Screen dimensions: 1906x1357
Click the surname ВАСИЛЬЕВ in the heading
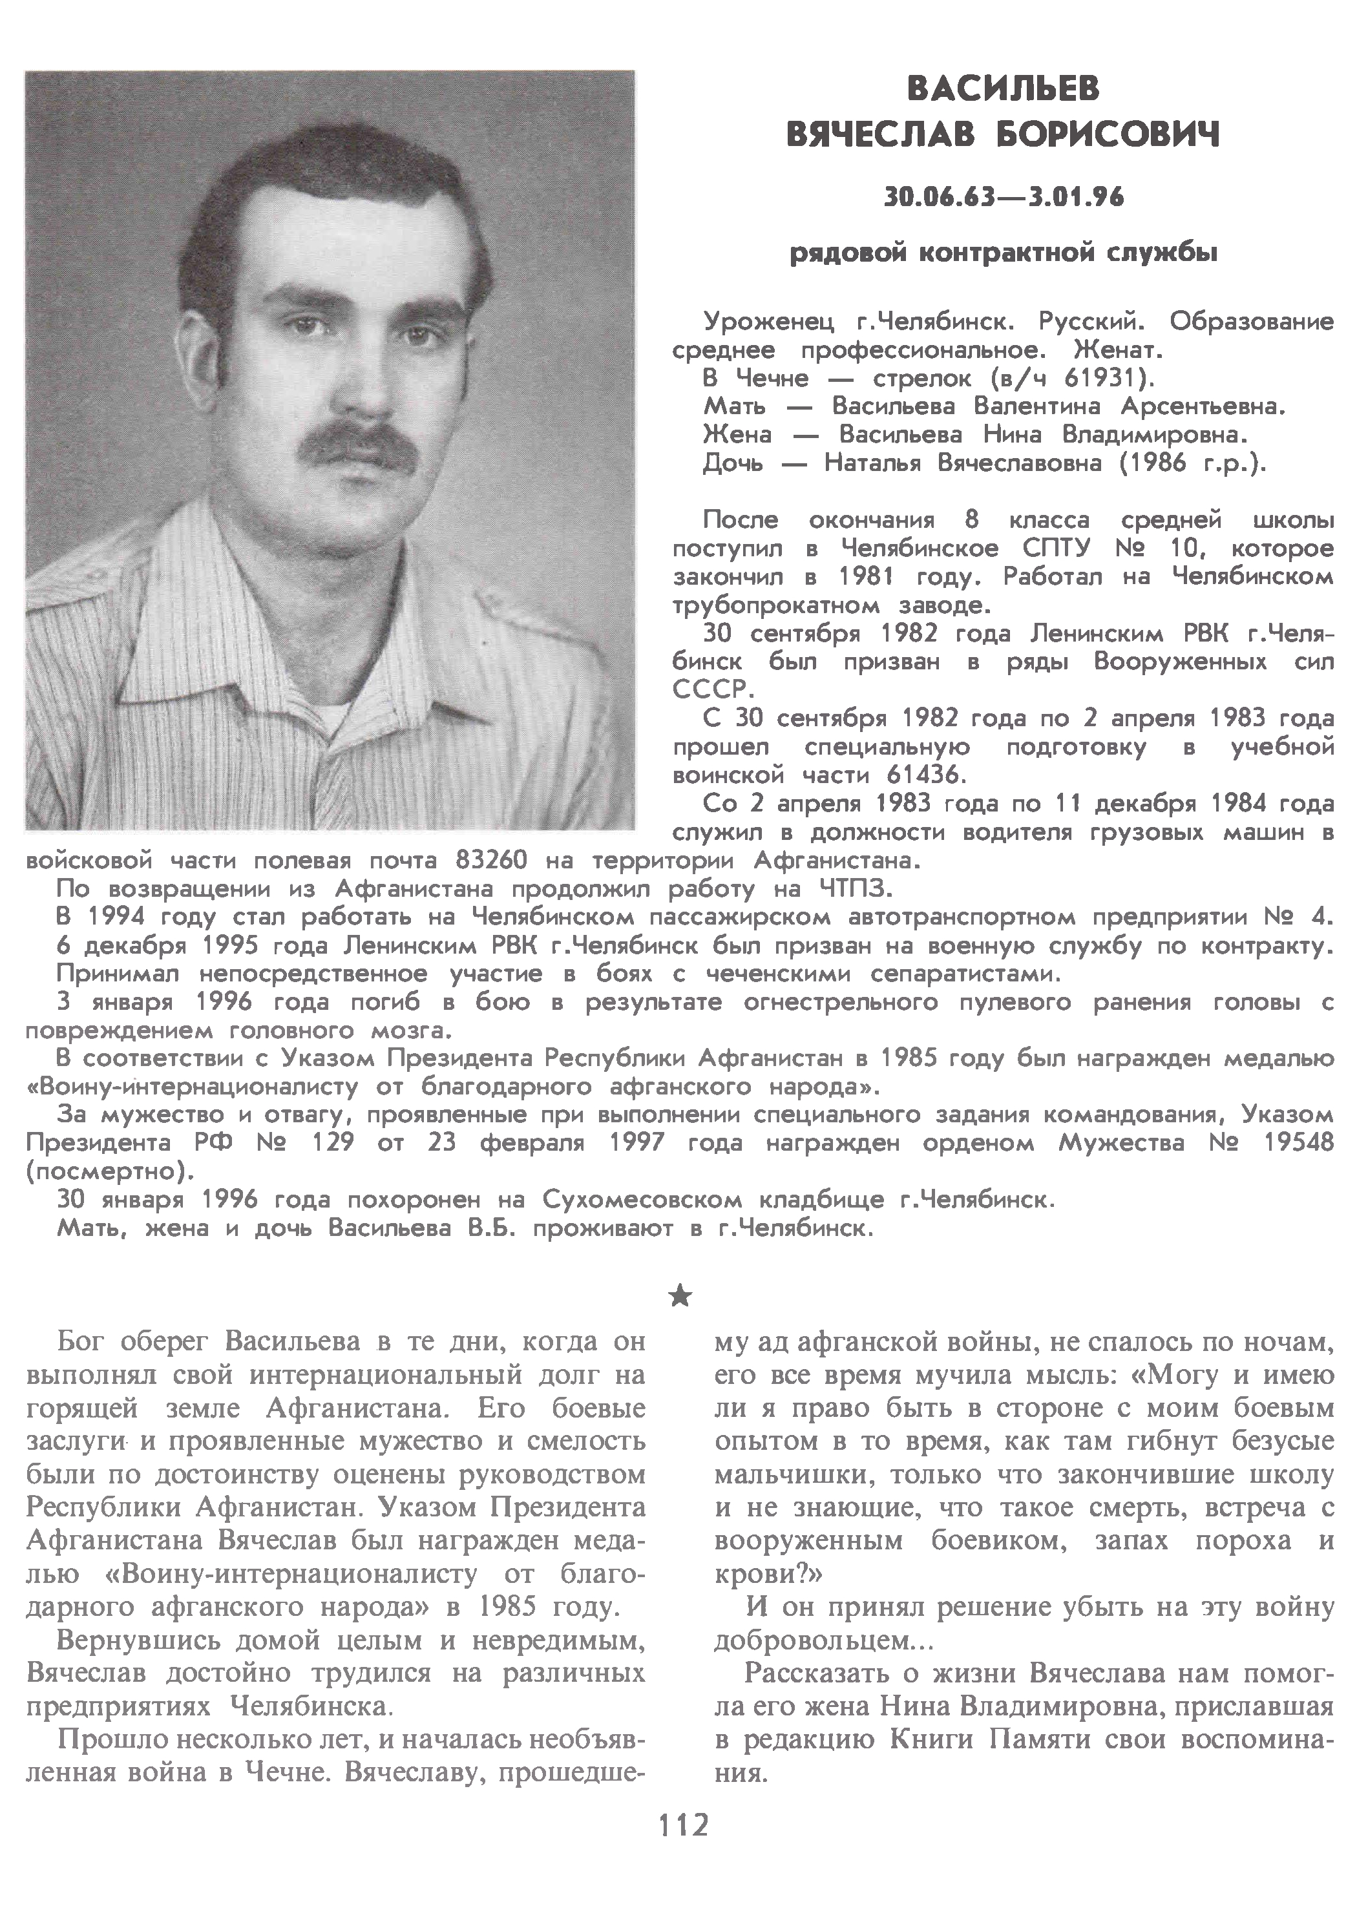pos(1003,88)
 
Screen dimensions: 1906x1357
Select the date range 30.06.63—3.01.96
pos(1004,198)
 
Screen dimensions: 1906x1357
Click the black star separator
pos(681,1295)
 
